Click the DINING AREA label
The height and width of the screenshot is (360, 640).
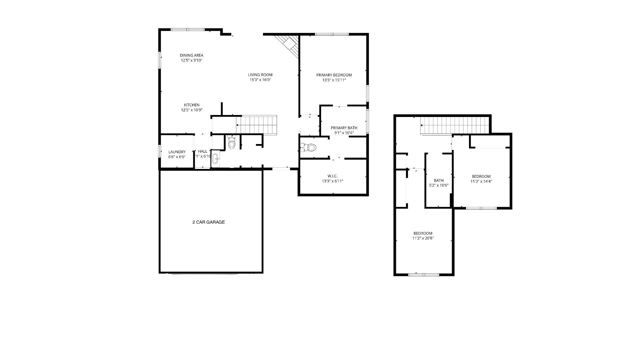point(191,55)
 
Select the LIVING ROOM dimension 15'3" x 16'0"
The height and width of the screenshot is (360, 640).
point(260,80)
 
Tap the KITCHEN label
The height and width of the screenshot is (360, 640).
point(192,105)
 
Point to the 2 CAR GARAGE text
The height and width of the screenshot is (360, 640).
point(208,222)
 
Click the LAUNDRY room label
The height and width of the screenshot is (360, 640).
point(177,152)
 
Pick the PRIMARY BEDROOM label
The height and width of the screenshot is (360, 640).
point(334,75)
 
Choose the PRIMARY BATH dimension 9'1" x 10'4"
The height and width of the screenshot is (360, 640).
point(344,133)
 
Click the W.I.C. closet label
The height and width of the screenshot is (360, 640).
point(332,176)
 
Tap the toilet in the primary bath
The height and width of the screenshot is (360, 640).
point(309,147)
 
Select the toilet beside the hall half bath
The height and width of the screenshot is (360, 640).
point(232,143)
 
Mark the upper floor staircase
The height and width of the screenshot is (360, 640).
point(453,125)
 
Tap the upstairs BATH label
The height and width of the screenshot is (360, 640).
point(439,181)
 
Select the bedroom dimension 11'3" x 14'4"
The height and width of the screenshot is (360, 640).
point(481,182)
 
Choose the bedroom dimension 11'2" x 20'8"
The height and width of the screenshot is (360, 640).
point(423,238)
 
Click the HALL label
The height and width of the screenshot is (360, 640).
point(203,151)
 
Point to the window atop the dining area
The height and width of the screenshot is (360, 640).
point(187,30)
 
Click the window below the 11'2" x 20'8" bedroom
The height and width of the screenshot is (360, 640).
point(424,274)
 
